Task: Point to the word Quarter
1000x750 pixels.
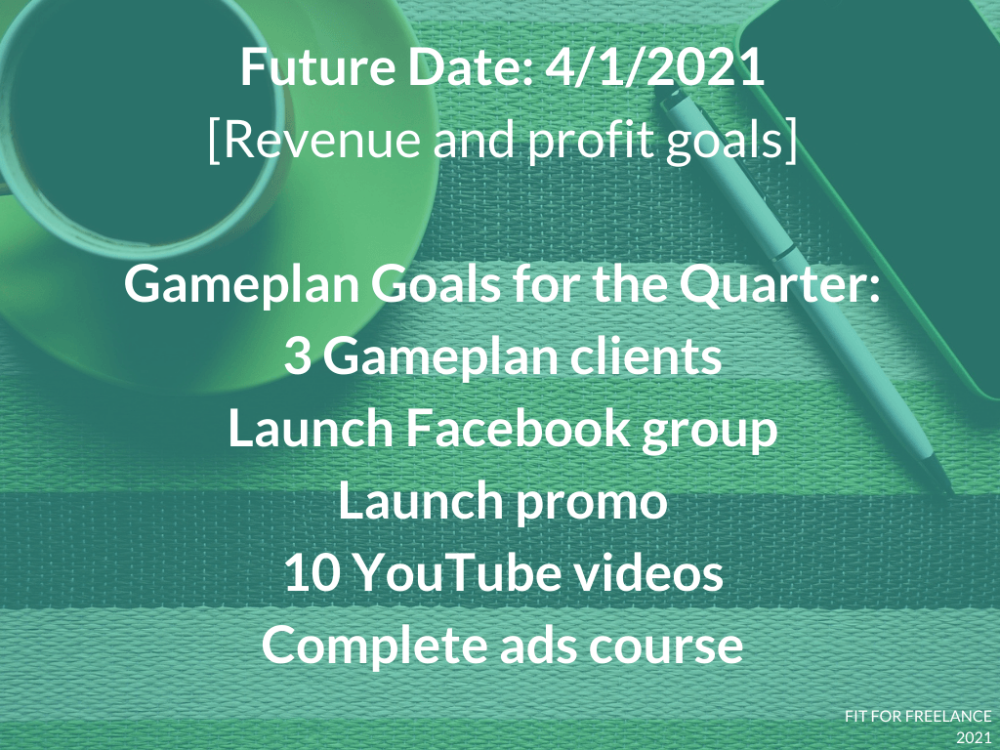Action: click(779, 284)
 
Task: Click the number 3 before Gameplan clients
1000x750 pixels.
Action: click(297, 355)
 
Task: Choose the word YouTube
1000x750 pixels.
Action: click(457, 572)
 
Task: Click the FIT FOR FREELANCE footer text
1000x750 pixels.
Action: click(918, 716)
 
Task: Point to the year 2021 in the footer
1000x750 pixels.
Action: click(974, 738)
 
